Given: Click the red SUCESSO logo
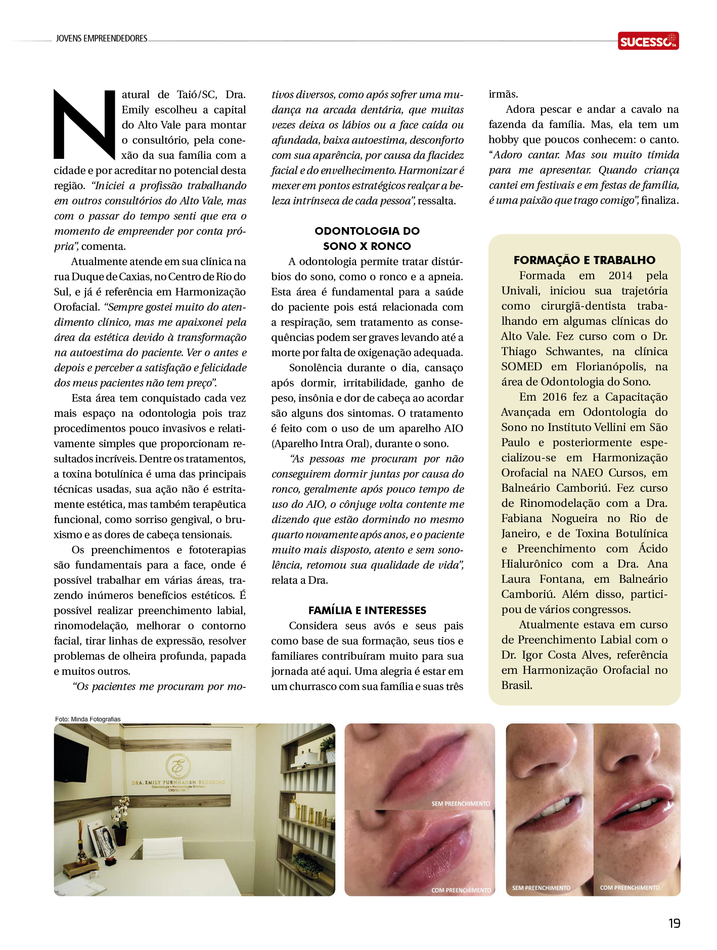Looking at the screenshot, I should pos(648,41).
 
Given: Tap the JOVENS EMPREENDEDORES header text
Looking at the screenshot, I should pos(102,38).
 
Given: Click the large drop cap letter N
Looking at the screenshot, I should pos(84,124).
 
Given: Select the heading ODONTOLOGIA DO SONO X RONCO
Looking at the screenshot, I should pos(367,238).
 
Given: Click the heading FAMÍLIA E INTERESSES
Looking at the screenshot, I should pos(367,610).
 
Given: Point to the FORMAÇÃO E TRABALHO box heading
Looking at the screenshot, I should pos(584,260).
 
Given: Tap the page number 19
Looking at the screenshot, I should pos(674,923).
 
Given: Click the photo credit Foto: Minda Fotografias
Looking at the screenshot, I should pos(88,719).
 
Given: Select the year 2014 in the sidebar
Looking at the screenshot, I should pos(620,276).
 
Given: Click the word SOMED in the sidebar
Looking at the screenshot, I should pos(521,367).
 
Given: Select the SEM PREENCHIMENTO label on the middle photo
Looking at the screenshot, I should pos(460,803).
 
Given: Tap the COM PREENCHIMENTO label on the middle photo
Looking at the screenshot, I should pos(461,890).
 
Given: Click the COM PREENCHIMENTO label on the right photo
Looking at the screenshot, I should pos(630,887).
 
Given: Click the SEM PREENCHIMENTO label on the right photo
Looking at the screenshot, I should pos(541,888).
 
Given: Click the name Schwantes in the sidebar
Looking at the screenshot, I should pos(574,352).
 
